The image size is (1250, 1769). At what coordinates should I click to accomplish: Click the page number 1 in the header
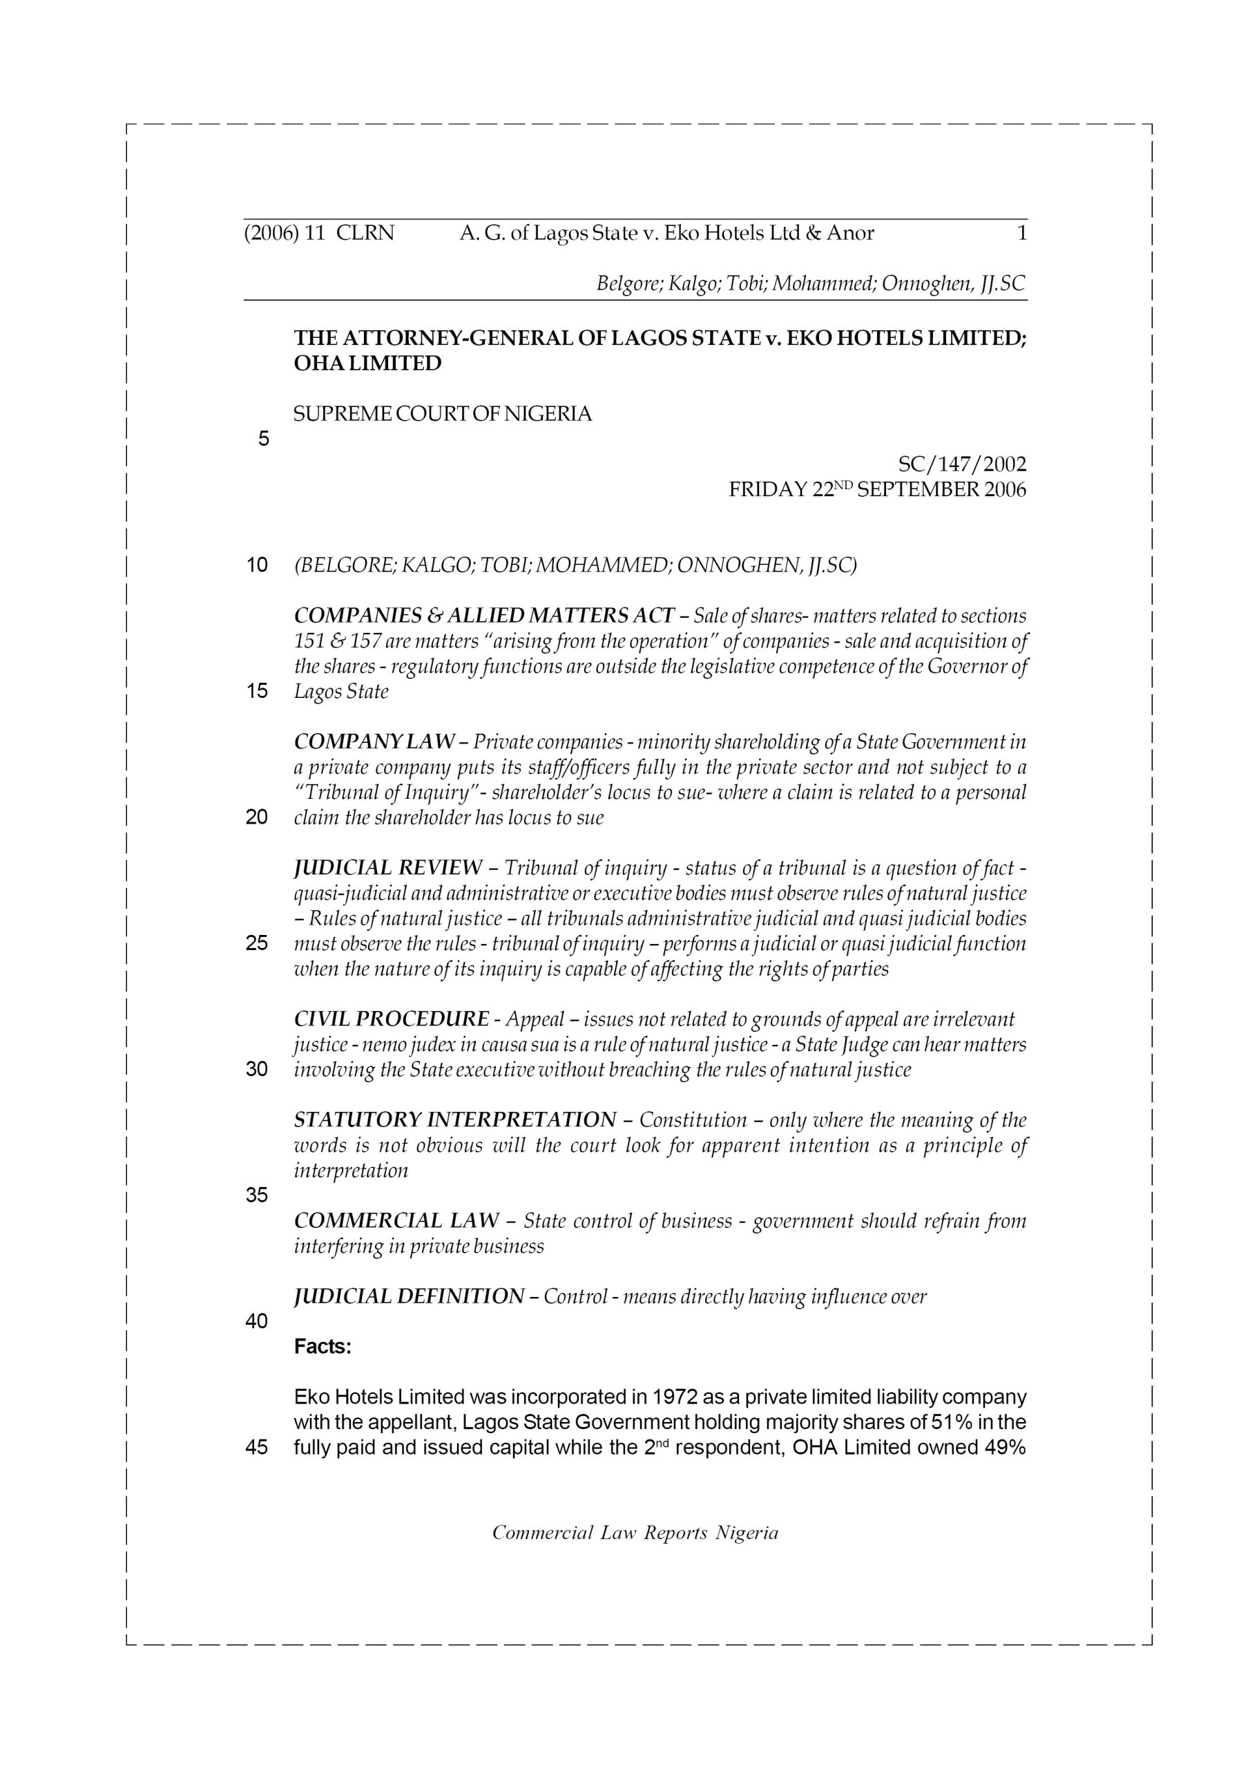pyautogui.click(x=1021, y=233)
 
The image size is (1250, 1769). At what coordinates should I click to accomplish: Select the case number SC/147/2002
pyautogui.click(x=962, y=464)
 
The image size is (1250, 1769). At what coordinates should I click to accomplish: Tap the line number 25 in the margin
pyautogui.click(x=256, y=943)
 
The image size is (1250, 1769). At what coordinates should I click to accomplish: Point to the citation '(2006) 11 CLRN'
pyautogui.click(x=319, y=233)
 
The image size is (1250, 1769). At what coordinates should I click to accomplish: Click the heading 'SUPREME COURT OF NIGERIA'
pyautogui.click(x=443, y=414)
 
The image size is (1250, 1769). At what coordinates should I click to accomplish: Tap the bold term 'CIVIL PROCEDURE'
pyautogui.click(x=392, y=1019)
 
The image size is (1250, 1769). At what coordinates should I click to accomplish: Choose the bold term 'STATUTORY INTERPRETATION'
pyautogui.click(x=455, y=1119)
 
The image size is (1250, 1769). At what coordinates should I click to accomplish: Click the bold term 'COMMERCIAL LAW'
pyautogui.click(x=396, y=1220)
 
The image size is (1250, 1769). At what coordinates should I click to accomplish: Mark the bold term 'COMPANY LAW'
pyautogui.click(x=374, y=741)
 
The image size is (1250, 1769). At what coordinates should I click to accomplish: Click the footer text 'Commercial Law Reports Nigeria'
pyautogui.click(x=635, y=1533)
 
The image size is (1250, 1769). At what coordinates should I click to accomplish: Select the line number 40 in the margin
pyautogui.click(x=256, y=1321)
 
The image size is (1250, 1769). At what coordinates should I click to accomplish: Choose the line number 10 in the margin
pyautogui.click(x=256, y=565)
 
